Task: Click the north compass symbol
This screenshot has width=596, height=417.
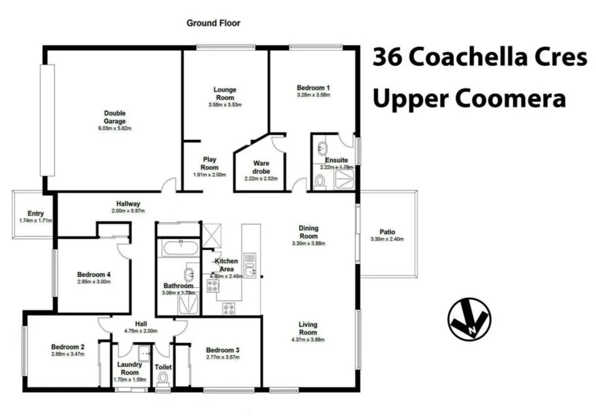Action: [469, 319]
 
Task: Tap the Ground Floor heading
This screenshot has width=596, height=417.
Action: [213, 23]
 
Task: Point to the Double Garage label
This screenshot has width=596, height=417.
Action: [114, 117]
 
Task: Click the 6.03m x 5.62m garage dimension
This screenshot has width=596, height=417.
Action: [114, 128]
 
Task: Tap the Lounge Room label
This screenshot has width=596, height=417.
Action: [224, 94]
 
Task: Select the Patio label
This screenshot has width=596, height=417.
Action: [387, 232]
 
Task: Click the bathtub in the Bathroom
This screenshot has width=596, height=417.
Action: [178, 249]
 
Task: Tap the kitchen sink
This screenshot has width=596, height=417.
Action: [249, 272]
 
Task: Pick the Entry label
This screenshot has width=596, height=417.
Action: [28, 213]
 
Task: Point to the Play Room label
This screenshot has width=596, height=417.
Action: [210, 163]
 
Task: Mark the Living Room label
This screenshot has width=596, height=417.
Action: [307, 328]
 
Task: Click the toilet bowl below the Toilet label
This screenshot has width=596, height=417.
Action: [163, 379]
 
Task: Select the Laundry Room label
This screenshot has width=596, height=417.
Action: [130, 369]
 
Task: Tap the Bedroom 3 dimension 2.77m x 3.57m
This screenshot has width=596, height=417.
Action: [222, 358]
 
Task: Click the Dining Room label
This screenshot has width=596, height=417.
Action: [308, 232]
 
